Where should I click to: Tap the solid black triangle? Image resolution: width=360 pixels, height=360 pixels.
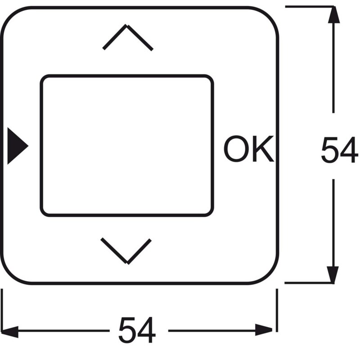coord(18,146)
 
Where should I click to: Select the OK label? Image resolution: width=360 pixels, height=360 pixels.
coord(249,149)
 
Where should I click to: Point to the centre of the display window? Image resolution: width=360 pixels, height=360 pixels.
coord(127,145)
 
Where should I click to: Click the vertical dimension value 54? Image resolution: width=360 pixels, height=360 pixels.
coord(339,150)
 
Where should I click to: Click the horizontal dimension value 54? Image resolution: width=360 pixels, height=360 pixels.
coord(137,330)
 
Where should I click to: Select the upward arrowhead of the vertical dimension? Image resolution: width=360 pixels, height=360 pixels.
coord(333,15)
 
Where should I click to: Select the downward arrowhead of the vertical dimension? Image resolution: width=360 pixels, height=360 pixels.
coord(333,274)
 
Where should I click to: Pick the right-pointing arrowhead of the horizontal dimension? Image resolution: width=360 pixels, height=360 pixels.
coord(264,330)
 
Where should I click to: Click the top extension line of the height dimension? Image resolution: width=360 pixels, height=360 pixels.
coord(310,7)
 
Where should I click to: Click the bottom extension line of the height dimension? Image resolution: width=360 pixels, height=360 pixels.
coord(309,283)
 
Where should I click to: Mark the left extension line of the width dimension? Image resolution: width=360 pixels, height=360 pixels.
coord(2,310)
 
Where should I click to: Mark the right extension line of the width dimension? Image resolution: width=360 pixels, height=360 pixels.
coord(277,310)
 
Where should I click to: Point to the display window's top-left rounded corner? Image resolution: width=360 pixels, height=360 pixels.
coord(43,77)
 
